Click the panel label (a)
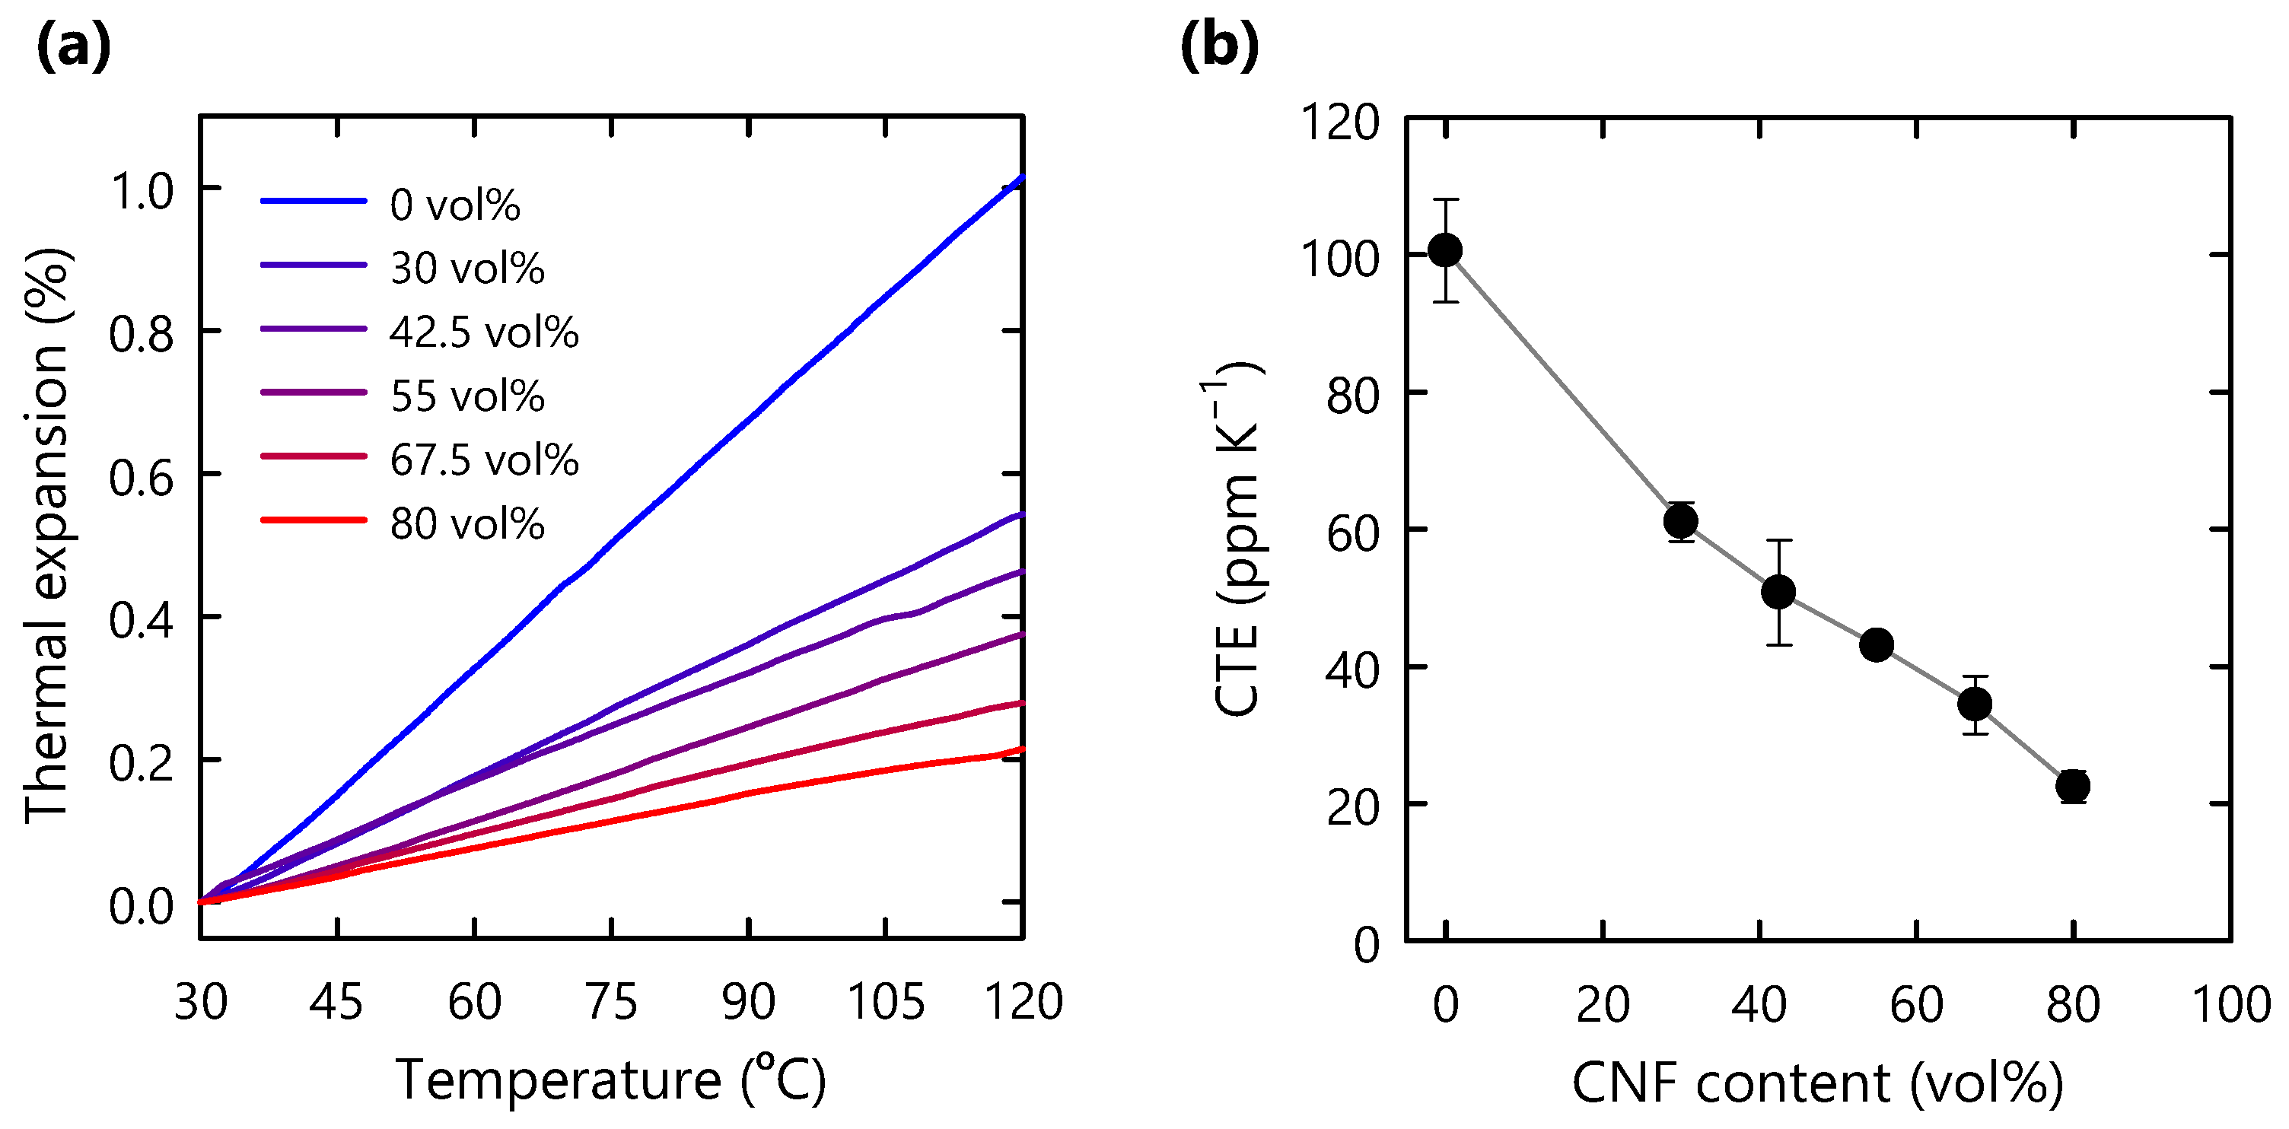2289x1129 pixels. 74,47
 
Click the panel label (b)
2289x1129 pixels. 1219,47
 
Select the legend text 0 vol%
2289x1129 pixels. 454,205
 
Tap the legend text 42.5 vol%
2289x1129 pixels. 483,332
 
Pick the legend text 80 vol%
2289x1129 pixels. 466,524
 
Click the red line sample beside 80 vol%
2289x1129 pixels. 313,519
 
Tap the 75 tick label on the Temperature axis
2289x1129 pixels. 611,1002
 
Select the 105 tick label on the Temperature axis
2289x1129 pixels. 885,1002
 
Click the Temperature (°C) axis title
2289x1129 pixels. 611,1080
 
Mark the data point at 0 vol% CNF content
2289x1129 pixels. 1446,250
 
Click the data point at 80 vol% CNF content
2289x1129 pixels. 2073,786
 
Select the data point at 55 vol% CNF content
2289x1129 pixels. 1876,644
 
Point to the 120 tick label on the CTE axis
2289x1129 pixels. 1339,122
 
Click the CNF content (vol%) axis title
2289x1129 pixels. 1817,1083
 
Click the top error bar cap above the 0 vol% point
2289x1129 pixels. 1446,200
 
